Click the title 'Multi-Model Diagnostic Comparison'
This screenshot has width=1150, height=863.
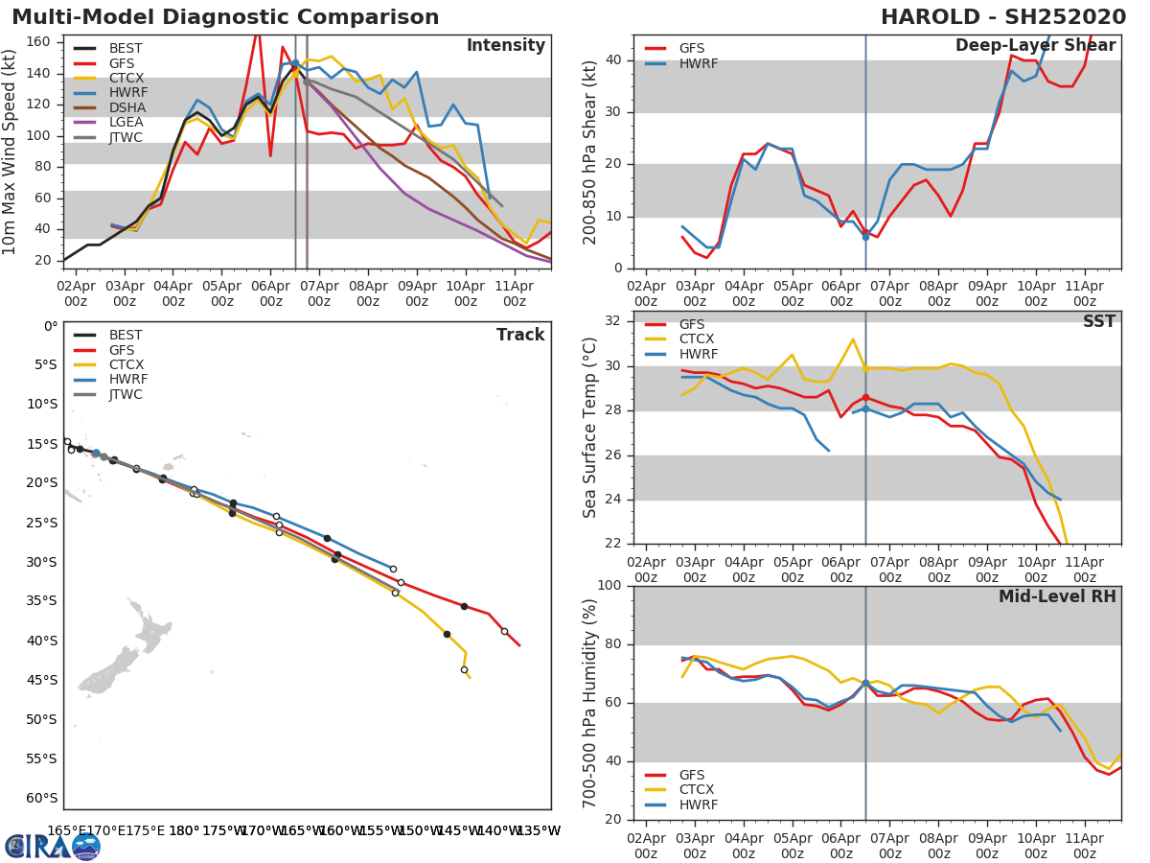click(x=225, y=17)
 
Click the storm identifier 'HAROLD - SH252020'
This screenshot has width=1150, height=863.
click(x=1002, y=17)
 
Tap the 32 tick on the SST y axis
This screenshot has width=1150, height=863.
click(x=618, y=321)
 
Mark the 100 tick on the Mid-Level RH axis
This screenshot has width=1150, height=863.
click(x=614, y=585)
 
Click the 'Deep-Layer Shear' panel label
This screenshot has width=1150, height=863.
click(x=1035, y=46)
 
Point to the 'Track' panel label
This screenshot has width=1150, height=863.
click(x=519, y=335)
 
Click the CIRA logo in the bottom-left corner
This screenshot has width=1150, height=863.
click(x=53, y=846)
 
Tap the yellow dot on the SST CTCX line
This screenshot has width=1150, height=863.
click(x=865, y=368)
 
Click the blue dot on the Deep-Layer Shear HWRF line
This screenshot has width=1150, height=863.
click(x=865, y=236)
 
